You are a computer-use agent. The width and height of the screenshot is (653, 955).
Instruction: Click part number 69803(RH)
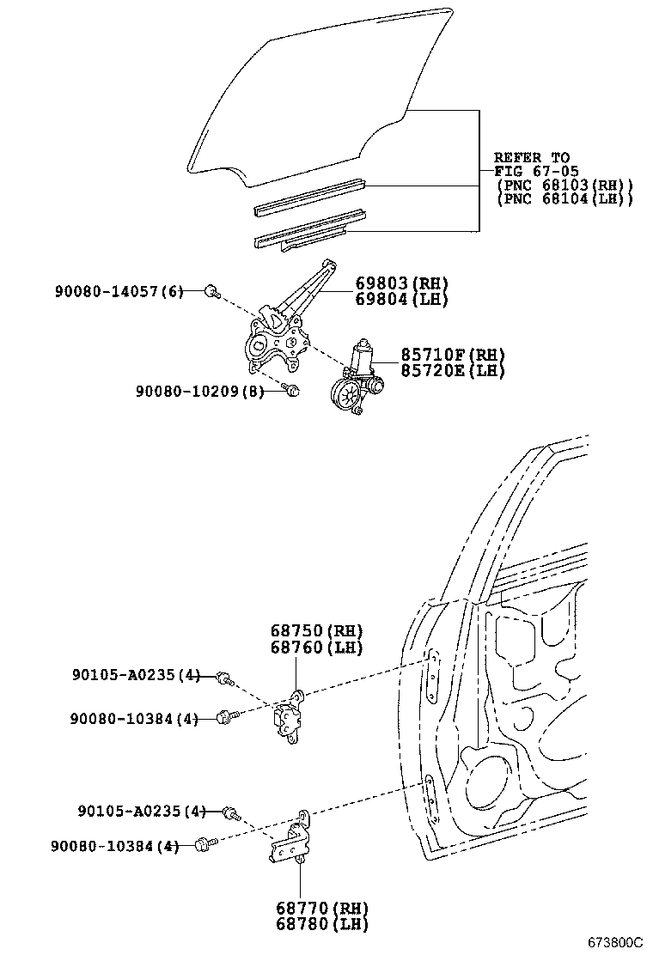(x=402, y=284)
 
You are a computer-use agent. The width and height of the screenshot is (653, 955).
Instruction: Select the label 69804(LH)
(x=402, y=300)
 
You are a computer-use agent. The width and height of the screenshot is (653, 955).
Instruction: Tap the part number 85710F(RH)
(x=452, y=356)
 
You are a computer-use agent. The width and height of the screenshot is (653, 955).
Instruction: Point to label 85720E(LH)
(x=452, y=371)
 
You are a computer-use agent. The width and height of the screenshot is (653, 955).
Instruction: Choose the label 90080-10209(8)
(x=198, y=391)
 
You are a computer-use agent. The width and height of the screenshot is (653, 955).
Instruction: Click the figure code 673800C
(x=615, y=942)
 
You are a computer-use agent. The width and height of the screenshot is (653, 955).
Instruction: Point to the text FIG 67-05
(x=535, y=171)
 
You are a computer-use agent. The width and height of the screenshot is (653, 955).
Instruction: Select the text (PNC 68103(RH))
(x=565, y=185)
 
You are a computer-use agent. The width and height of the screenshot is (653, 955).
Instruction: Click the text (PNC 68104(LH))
(x=565, y=198)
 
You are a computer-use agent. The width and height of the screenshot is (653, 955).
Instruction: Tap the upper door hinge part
(x=290, y=716)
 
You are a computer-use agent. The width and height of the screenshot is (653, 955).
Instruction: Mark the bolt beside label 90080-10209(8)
(x=291, y=392)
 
